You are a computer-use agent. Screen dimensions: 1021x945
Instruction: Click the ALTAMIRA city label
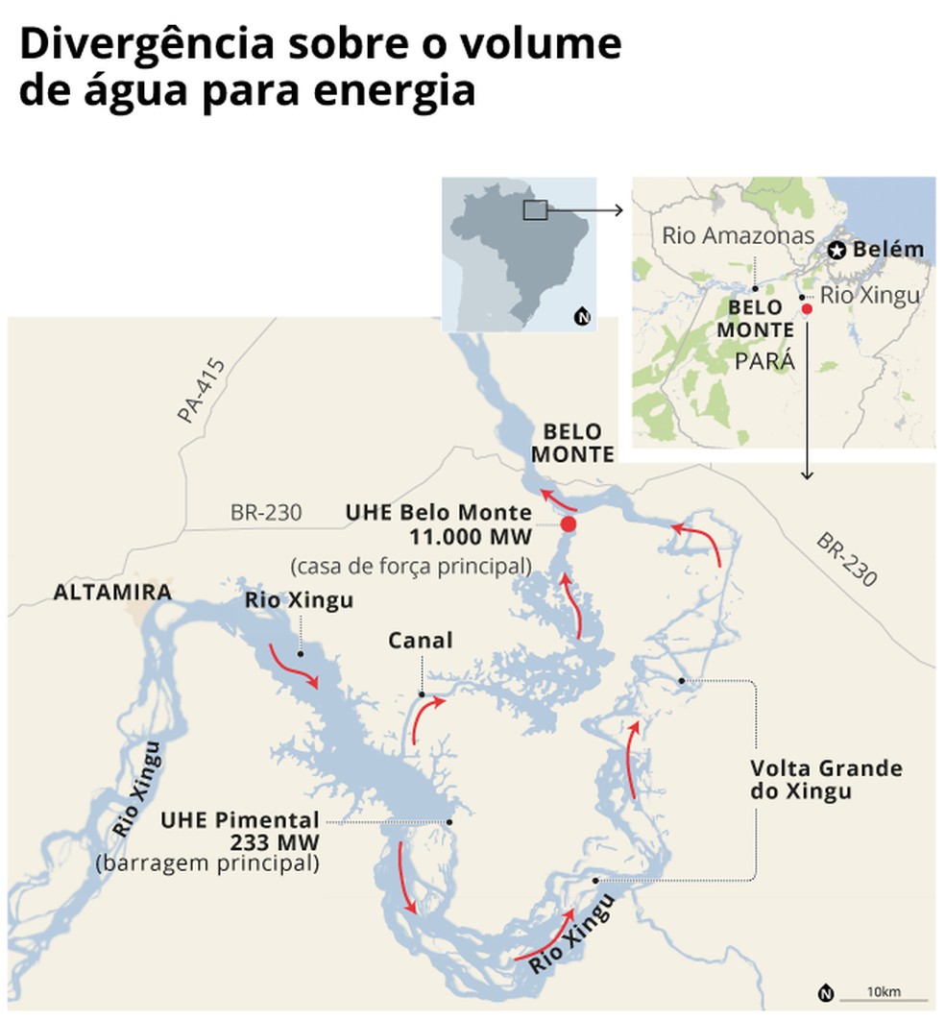(x=112, y=592)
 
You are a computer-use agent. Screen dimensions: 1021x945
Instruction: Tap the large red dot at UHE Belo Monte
(x=568, y=524)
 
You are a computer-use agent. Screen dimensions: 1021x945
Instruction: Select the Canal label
(x=420, y=641)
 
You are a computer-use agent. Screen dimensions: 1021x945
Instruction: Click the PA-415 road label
(x=201, y=391)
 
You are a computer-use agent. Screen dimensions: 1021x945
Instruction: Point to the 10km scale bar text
(x=883, y=991)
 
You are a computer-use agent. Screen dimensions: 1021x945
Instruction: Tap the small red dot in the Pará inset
(x=807, y=309)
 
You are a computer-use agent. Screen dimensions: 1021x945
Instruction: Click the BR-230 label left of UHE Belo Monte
(x=266, y=514)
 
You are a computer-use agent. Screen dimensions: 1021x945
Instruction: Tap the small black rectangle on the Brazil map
(x=535, y=210)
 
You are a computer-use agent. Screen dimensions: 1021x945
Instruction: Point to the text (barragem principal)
(x=207, y=863)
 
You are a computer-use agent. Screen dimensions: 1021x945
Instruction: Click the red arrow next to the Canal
(x=427, y=719)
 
